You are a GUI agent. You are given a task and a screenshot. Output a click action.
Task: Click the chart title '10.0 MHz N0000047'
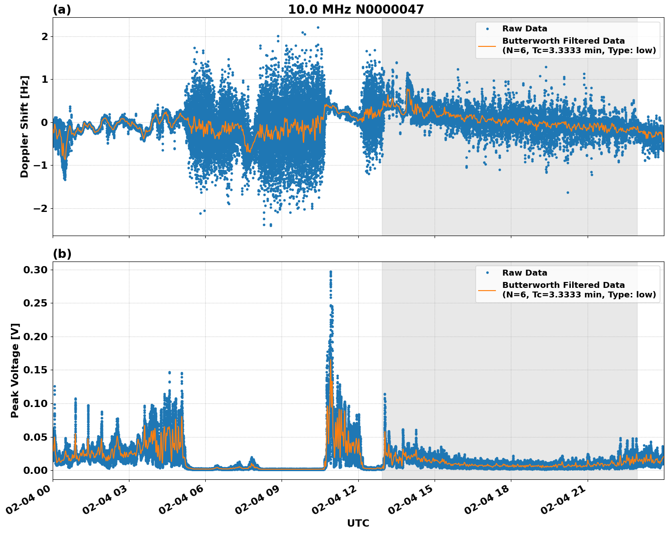pos(356,10)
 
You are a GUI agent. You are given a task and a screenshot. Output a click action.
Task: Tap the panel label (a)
pos(62,10)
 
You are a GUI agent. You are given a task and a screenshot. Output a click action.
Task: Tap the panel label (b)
pos(62,254)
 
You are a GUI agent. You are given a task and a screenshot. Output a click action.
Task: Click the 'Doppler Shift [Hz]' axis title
pos(25,126)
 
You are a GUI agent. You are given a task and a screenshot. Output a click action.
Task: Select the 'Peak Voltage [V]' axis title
pos(15,371)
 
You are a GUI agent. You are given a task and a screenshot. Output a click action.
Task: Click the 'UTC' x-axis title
pos(358,523)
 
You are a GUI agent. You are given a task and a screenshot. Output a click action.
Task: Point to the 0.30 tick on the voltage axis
pos(35,270)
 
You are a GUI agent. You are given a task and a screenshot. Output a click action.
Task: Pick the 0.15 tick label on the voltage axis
pos(35,370)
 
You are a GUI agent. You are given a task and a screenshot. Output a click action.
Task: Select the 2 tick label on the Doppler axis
pos(45,36)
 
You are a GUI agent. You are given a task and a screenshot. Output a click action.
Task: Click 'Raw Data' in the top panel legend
pos(525,29)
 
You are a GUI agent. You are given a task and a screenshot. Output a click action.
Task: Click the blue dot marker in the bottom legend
pos(487,273)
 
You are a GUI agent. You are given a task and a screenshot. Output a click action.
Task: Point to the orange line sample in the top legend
pos(487,45)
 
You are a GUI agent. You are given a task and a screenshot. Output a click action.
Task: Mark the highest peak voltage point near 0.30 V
pos(331,272)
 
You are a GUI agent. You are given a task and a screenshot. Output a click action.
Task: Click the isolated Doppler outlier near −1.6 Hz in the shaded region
pos(568,192)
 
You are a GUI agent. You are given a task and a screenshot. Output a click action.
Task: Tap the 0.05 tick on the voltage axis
pos(35,437)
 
